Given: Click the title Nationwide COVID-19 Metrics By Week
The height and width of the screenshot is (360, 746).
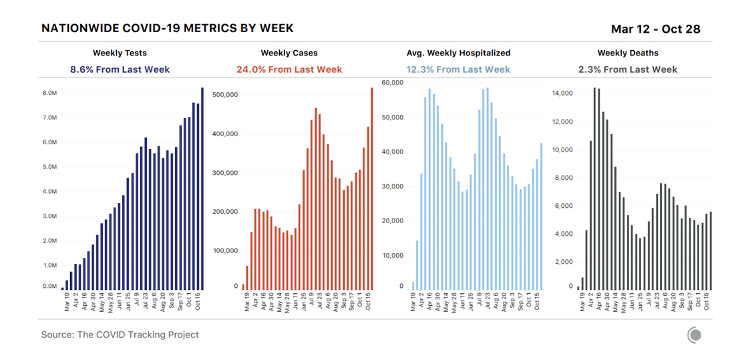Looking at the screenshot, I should (167, 29).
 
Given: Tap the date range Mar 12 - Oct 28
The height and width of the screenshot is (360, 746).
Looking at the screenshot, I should (655, 29).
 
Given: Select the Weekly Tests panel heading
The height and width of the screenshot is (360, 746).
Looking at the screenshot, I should (120, 53).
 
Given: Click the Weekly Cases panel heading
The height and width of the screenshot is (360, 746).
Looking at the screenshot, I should (289, 53).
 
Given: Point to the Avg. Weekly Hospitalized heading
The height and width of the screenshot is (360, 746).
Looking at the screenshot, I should (458, 53).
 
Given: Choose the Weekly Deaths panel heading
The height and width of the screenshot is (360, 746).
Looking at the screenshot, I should (628, 53).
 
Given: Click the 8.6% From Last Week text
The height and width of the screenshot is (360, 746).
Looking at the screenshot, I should (120, 69).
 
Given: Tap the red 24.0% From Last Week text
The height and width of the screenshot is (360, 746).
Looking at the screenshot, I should (289, 69).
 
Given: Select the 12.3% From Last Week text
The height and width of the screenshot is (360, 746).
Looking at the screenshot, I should (458, 69).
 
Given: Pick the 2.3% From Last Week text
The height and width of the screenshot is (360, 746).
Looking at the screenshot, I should (628, 69).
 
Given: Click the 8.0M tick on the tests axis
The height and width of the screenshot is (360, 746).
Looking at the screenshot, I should (49, 94).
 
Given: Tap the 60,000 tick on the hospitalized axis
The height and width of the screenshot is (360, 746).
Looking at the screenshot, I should (392, 83).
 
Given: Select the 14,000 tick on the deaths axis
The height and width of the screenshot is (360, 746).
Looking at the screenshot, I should (562, 94).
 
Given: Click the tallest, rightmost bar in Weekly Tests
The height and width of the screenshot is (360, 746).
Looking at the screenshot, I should (202, 188).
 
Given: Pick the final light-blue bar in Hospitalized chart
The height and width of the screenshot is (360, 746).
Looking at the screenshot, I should (542, 216).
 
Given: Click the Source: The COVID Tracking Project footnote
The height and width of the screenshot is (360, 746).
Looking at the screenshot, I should (120, 335).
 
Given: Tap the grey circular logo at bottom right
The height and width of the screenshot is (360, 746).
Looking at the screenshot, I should (695, 335).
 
